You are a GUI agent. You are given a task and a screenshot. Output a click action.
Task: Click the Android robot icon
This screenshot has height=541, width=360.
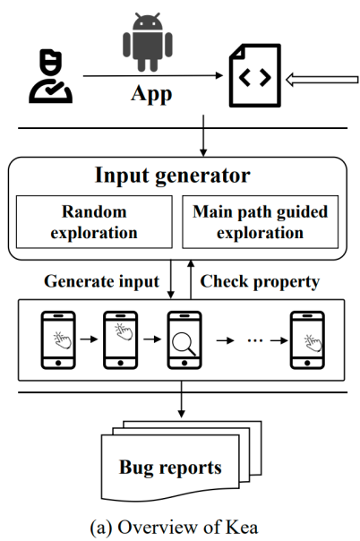(x=148, y=42)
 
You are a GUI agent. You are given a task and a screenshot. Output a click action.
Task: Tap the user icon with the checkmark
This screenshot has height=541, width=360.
(x=50, y=76)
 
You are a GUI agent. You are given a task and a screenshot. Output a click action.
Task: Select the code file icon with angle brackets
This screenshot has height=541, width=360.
(x=255, y=75)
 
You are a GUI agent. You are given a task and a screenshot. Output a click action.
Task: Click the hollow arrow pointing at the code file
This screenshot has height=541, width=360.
(x=322, y=80)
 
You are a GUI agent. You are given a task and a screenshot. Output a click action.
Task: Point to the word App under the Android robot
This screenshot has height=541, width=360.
(x=151, y=94)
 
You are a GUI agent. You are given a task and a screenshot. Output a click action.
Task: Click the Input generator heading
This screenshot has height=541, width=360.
(x=173, y=176)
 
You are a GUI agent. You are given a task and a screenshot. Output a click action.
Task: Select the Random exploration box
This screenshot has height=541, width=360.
(x=94, y=222)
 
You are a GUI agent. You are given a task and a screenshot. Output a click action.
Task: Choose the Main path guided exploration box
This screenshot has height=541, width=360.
(x=261, y=222)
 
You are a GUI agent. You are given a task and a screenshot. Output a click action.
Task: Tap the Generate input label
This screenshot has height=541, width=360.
(x=102, y=281)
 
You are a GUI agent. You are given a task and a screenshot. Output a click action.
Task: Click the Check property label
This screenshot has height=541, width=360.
(x=260, y=282)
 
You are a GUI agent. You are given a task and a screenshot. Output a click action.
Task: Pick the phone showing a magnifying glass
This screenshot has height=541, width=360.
(x=184, y=340)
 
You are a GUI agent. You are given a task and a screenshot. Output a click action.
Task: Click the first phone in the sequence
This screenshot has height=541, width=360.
(x=58, y=340)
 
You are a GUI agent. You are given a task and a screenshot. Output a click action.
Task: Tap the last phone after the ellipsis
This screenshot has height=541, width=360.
(x=307, y=340)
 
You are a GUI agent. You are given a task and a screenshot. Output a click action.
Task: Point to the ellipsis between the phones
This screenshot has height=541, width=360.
(x=255, y=341)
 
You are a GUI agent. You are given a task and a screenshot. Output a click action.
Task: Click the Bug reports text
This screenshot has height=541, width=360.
(x=170, y=468)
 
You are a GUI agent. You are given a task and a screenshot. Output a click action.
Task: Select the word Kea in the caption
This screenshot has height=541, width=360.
(x=242, y=528)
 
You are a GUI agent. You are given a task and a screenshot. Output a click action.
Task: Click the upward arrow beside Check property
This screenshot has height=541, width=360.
(x=191, y=279)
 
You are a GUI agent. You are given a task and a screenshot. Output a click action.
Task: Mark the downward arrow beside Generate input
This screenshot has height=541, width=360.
(x=171, y=279)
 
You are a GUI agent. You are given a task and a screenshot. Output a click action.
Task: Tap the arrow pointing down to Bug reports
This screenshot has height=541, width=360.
(x=182, y=399)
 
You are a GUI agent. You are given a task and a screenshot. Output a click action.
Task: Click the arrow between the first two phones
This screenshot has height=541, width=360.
(x=89, y=339)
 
